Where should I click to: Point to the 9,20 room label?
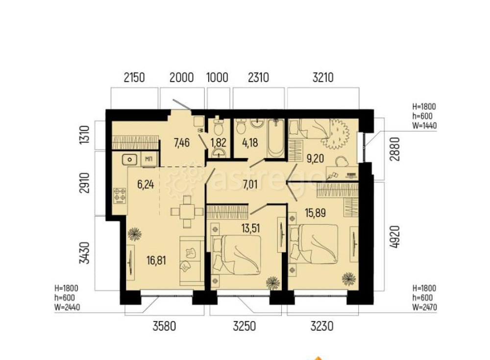(314, 158)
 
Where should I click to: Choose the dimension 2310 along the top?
(258, 77)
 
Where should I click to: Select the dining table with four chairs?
(187, 212)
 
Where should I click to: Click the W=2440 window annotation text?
(67, 307)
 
